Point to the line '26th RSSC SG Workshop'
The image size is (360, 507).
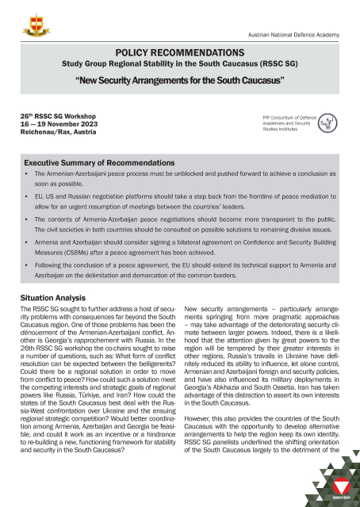click(x=53, y=116)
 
